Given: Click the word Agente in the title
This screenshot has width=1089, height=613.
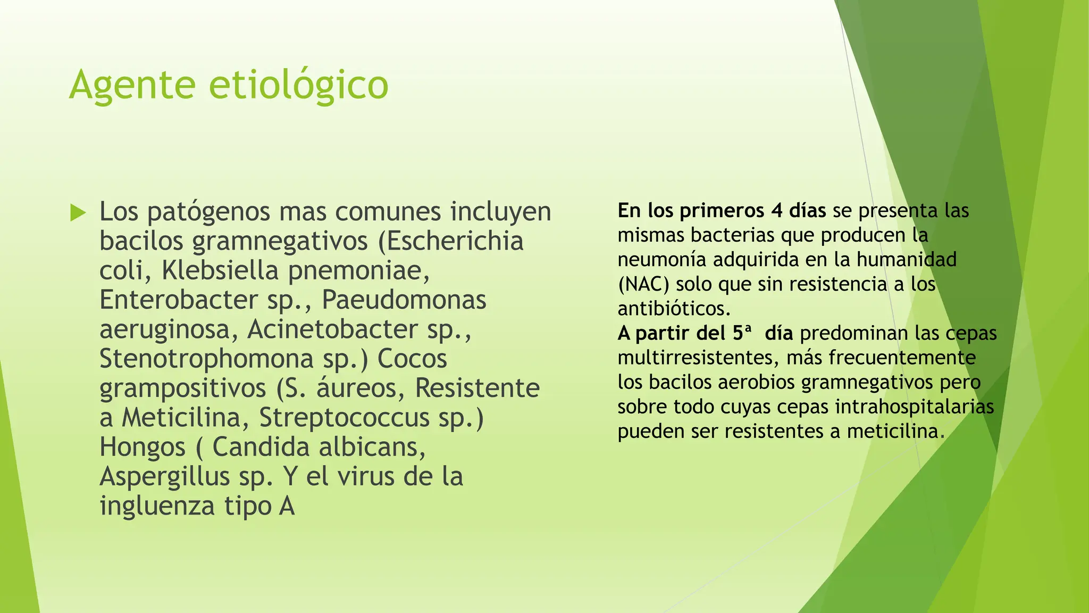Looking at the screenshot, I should click(132, 85).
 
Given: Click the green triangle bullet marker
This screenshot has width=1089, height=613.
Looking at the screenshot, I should click(78, 213).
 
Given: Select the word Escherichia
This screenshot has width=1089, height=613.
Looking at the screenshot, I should click(456, 241).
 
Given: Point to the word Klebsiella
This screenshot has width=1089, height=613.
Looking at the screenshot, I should click(220, 270).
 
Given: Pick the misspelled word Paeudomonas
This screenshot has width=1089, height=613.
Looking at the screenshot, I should click(404, 300).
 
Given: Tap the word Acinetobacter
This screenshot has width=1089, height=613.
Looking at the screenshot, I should click(332, 329).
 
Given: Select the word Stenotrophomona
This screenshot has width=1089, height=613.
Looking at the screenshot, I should click(206, 359).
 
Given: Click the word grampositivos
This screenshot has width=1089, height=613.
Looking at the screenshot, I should click(182, 388).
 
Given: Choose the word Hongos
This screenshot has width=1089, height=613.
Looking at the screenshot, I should click(143, 447).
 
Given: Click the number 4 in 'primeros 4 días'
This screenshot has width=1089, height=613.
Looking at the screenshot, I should click(777, 211).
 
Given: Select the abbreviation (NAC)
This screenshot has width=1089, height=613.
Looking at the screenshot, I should click(643, 284).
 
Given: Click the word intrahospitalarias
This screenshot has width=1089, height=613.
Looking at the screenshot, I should click(915, 407).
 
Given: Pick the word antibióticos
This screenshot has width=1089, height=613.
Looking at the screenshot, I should click(674, 309).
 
